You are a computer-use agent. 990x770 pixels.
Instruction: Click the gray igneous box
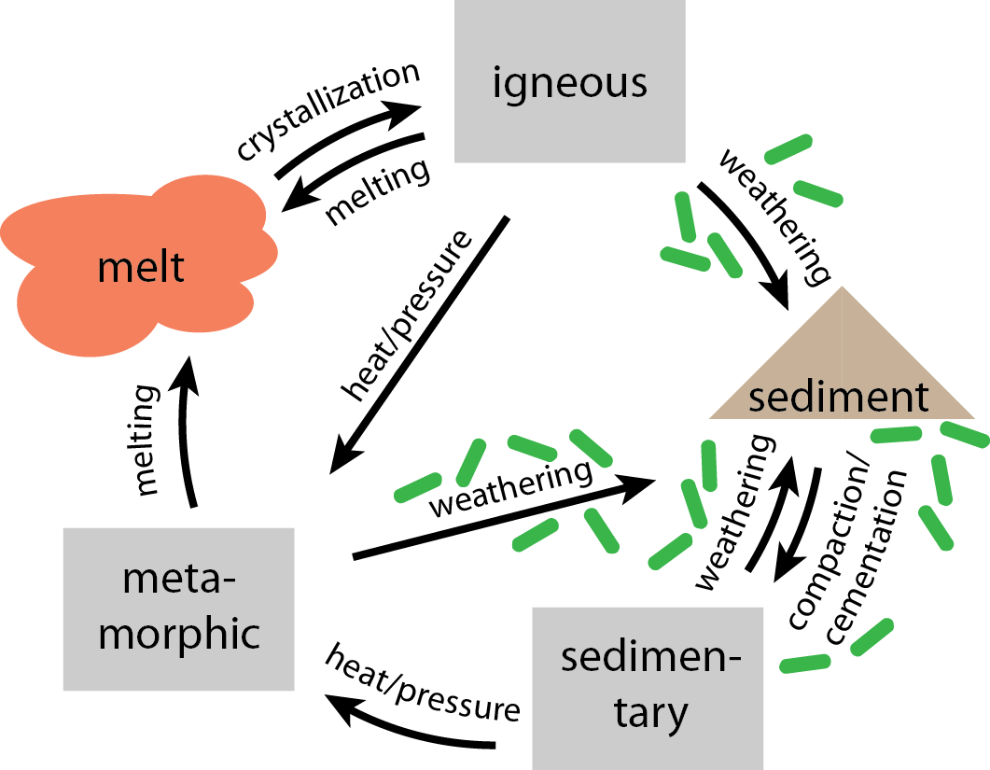569,81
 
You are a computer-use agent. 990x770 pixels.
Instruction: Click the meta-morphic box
178,609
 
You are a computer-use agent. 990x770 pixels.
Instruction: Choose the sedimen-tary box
648,687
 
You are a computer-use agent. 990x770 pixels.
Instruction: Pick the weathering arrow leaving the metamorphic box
504,519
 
